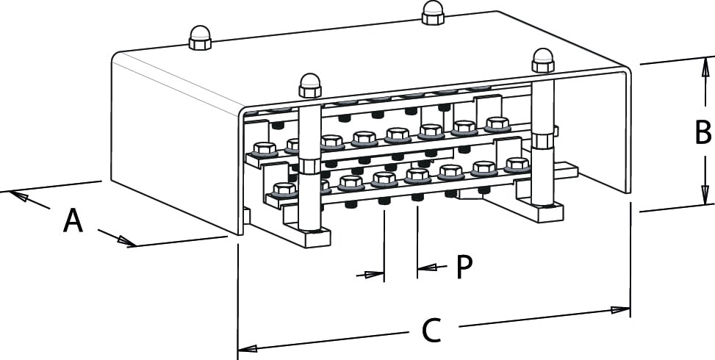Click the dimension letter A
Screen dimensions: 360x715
72,220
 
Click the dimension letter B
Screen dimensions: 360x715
703,133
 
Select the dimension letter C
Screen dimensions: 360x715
431,331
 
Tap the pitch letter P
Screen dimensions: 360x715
463,267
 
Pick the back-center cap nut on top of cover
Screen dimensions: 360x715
431,12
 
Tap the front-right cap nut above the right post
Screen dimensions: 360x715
543,60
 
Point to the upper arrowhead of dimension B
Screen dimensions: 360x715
703,71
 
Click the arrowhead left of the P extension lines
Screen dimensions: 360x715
375,275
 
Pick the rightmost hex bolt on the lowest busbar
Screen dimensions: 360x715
518,165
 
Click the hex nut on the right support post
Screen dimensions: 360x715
543,140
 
